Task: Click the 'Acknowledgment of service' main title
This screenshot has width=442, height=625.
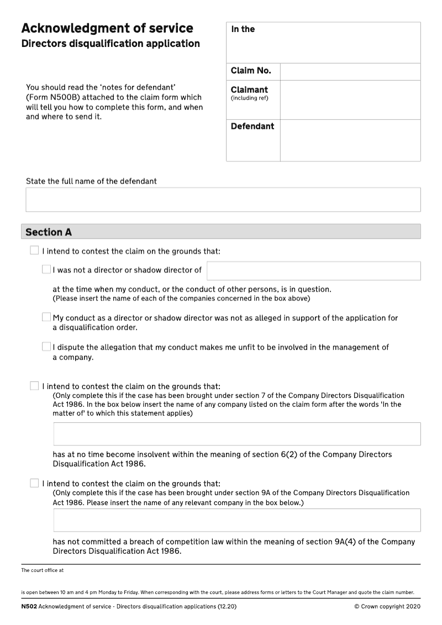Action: pos(107,28)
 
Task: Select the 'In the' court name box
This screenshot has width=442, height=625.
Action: pos(323,43)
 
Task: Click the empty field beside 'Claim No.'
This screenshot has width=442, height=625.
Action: pos(350,71)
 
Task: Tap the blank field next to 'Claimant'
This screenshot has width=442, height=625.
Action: pos(350,99)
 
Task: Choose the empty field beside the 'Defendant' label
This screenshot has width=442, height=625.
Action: pos(350,140)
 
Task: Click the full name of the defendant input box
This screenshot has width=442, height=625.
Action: pos(223,199)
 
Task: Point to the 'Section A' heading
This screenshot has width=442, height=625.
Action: pos(49,232)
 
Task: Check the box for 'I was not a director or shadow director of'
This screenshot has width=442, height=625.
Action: pos(46,270)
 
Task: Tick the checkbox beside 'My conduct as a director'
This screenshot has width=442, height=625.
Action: pos(46,317)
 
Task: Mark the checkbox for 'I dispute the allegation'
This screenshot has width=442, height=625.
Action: pos(46,346)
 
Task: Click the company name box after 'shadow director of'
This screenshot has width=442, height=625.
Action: pos(313,271)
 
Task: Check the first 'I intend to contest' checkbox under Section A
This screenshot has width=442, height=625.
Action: pos(35,251)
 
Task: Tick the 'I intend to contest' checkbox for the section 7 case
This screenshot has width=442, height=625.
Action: pos(35,386)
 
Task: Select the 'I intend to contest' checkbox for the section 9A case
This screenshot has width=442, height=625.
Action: pos(35,483)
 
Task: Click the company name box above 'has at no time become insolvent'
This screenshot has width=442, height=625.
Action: pos(236,434)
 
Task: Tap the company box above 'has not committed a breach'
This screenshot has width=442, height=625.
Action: pos(236,520)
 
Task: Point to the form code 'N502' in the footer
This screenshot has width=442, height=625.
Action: pos(29,606)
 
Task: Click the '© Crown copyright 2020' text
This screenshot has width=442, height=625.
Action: pos(387,606)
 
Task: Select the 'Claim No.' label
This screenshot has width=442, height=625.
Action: pos(251,71)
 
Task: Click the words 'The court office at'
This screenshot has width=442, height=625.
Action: pos(43,570)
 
